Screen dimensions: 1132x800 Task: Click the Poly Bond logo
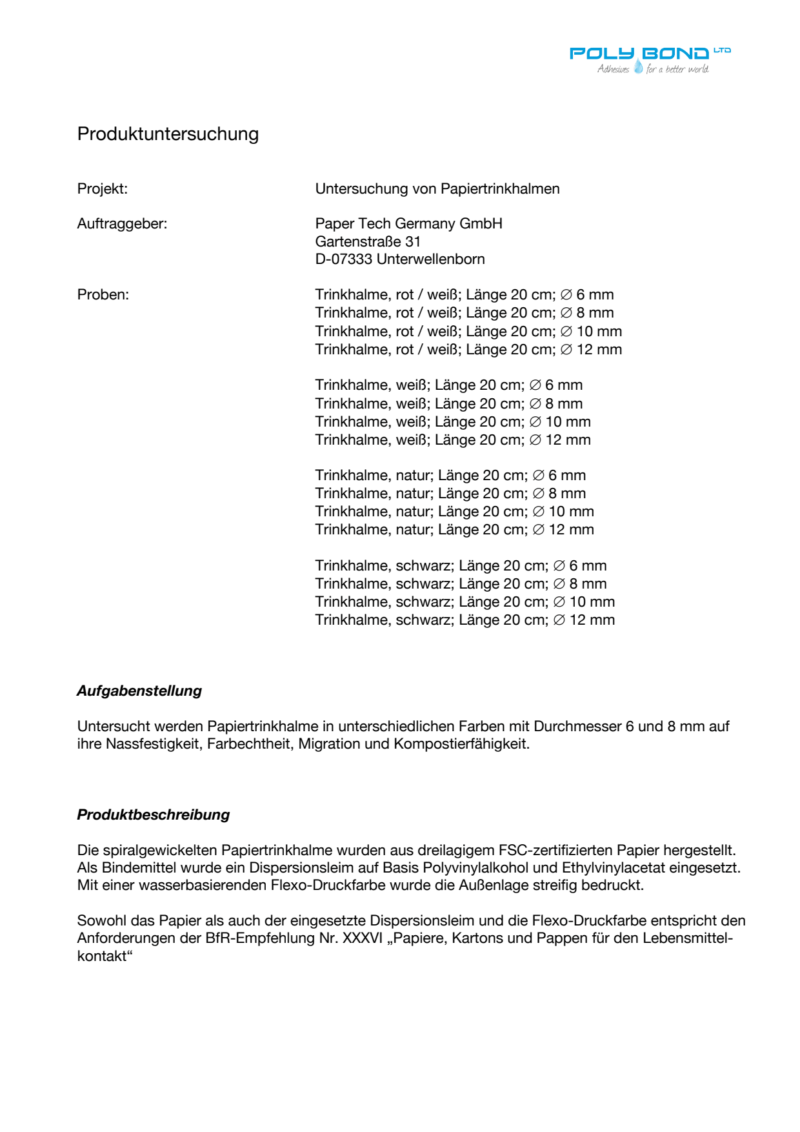tap(650, 60)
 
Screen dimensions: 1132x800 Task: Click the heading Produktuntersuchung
tap(168, 134)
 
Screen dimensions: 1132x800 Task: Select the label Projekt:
tap(103, 188)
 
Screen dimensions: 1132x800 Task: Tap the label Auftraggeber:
tap(122, 223)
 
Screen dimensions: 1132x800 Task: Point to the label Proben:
tap(103, 294)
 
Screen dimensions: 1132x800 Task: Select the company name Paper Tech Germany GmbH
tap(408, 223)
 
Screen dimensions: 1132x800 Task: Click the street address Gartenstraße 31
tap(368, 241)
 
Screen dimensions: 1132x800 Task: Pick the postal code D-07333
tap(344, 259)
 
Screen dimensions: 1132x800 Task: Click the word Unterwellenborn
tap(431, 259)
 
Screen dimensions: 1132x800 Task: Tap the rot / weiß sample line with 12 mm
tap(468, 349)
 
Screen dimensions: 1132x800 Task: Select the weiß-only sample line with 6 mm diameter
tap(448, 385)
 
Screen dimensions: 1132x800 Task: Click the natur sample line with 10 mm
tap(454, 511)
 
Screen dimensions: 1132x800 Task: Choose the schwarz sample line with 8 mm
tap(461, 583)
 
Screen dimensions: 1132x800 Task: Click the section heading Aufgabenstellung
tap(139, 691)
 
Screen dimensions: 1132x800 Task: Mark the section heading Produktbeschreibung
tap(154, 814)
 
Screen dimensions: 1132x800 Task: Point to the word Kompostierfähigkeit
tap(461, 743)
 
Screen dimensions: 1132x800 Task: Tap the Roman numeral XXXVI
tap(363, 938)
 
